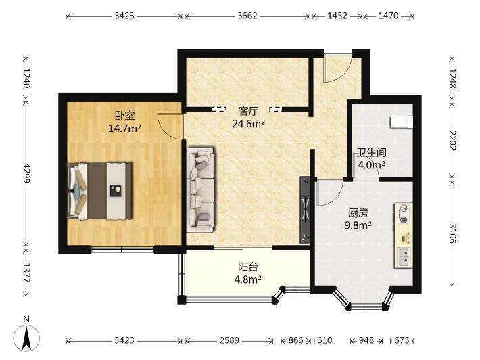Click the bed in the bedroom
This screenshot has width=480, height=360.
pos(100,192)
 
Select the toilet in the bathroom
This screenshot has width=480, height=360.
pos(402,122)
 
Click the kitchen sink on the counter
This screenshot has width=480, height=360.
pos(403,256)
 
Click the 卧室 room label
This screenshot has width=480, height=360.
pos(124,116)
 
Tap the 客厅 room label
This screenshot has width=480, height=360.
pos(248,111)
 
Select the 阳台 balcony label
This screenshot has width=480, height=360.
pos(248,267)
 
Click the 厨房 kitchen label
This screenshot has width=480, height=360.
pos(358,212)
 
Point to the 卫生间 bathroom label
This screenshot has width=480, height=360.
pos(372,152)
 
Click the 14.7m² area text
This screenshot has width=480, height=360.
pos(124,128)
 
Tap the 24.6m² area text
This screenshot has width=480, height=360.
pos(248,123)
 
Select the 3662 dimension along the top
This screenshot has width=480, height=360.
pos(247,16)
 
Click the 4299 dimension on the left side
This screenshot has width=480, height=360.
pos(27,173)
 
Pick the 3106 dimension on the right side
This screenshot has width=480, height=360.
pos(453,233)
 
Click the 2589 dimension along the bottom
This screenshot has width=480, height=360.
pos(229,340)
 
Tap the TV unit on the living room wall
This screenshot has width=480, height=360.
pos(305,210)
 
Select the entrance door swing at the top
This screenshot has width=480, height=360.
pos(338,70)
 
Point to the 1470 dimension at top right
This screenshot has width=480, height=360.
pos(388,16)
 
